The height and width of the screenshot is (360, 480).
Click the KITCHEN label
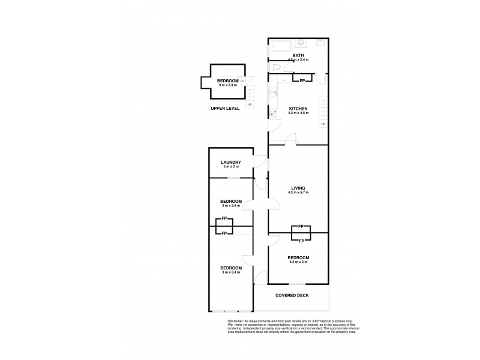tap(298, 109)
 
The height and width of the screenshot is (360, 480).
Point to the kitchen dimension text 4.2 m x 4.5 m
tap(298, 113)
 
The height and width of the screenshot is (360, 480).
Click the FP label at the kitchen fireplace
tap(302, 80)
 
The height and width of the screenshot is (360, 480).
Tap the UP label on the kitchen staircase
tap(323, 124)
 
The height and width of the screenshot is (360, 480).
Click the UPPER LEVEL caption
tap(225, 109)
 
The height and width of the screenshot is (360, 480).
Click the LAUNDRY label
tap(230, 162)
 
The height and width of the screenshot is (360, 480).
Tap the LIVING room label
tap(298, 188)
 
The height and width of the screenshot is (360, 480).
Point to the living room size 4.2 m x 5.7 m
tap(298, 193)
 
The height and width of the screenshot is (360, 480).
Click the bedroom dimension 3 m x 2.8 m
tap(230, 206)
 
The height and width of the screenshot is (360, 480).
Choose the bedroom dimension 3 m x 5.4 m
tap(230, 272)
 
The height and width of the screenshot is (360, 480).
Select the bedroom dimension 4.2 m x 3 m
tap(298, 262)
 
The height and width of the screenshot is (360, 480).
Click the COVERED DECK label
tap(292, 296)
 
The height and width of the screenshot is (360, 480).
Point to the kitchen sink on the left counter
tap(272, 92)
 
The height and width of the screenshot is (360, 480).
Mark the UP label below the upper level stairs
tap(249, 105)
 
